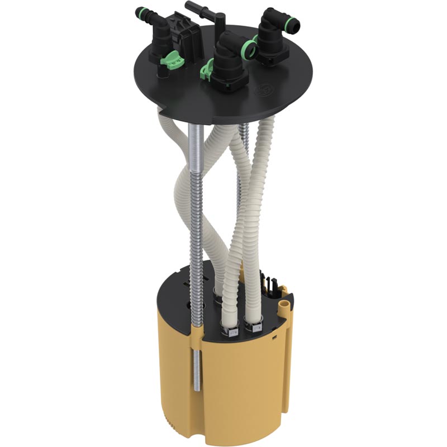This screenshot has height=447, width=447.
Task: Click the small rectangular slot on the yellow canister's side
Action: click(x=275, y=337)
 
